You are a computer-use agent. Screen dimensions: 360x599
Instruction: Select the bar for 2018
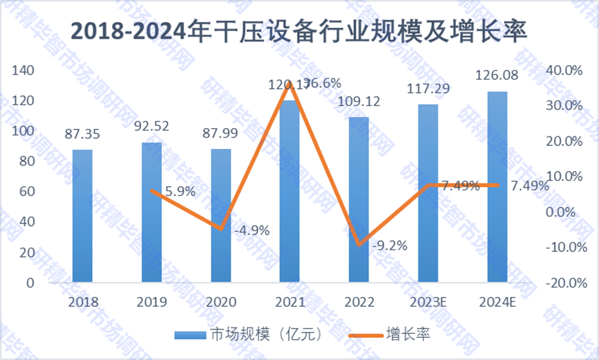pyautogui.click(x=82, y=216)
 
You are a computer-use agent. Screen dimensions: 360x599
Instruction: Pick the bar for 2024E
pyautogui.click(x=497, y=187)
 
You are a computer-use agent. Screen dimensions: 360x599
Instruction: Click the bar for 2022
pyautogui.click(x=359, y=199)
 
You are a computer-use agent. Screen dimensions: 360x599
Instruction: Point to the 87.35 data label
pyautogui.click(x=82, y=134)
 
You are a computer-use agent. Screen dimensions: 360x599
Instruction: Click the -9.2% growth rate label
pyautogui.click(x=389, y=244)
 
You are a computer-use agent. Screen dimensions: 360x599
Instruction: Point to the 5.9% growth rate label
pyautogui.click(x=181, y=192)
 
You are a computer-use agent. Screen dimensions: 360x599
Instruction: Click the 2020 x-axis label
pyautogui.click(x=221, y=303)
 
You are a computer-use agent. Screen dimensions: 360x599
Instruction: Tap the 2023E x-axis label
pyautogui.click(x=428, y=303)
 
